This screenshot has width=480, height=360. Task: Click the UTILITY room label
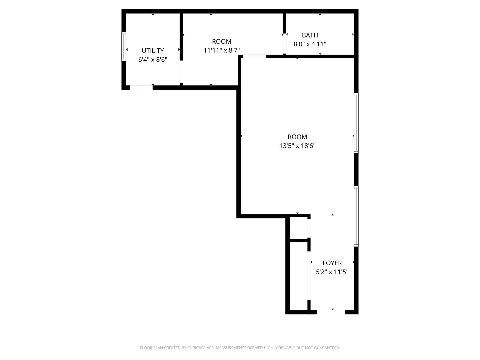point(153,51)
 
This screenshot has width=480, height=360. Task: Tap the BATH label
point(310,35)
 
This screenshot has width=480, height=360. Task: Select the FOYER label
point(332,263)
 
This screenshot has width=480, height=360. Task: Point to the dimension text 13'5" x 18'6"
point(297,146)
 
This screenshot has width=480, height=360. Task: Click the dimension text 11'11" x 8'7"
point(222,50)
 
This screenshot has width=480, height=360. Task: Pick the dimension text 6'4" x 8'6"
point(153,60)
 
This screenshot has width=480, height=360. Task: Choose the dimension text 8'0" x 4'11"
point(310,44)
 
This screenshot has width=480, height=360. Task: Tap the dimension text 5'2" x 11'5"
point(332,272)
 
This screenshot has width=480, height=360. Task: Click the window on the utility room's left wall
point(124,46)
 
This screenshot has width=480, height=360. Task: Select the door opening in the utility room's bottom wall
point(141,88)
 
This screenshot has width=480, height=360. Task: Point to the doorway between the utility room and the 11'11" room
point(181,72)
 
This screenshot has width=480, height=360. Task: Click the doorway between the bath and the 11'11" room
point(285,43)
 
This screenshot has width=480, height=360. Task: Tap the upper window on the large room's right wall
point(356,123)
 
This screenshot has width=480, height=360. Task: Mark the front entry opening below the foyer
point(331,312)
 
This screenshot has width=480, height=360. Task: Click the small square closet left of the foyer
point(298,228)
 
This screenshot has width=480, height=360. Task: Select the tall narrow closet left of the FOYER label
point(298,275)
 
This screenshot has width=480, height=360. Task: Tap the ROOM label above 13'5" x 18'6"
point(297,137)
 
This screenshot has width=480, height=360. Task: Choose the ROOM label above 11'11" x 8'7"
point(222,41)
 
